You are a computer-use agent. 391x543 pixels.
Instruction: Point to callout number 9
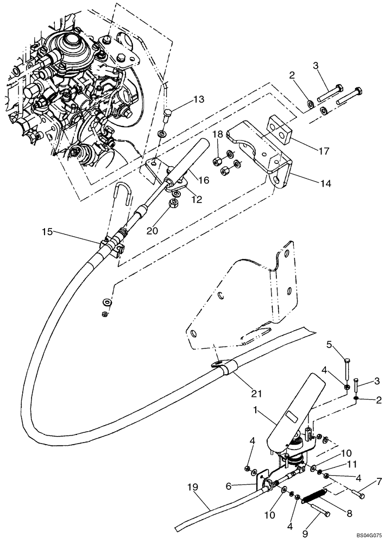coord(307,524)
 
